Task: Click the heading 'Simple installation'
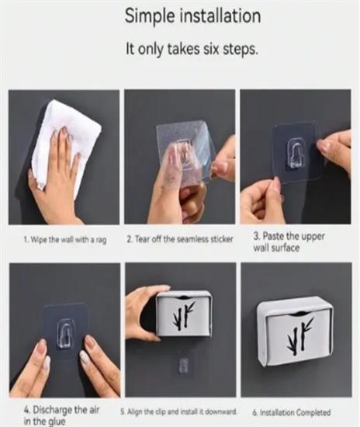pyautogui.click(x=192, y=16)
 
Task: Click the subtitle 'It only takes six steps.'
pyautogui.click(x=192, y=49)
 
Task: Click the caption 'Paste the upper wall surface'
pyautogui.click(x=289, y=241)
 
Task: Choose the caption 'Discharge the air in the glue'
pyautogui.click(x=61, y=415)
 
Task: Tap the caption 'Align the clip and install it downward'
pyautogui.click(x=179, y=411)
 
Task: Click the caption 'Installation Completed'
pyautogui.click(x=292, y=412)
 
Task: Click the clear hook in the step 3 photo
pyautogui.click(x=296, y=153)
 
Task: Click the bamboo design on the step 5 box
pyautogui.click(x=184, y=316)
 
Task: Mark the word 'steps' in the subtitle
pyautogui.click(x=240, y=50)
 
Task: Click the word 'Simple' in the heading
pyautogui.click(x=150, y=16)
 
